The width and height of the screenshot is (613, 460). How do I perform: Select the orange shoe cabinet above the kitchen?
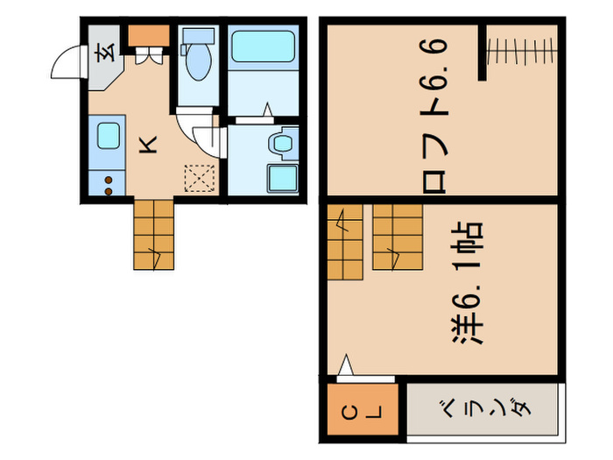(149, 36)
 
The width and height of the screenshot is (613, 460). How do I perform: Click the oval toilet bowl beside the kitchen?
(198, 62)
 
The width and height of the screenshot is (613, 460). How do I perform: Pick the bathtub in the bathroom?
(264, 56)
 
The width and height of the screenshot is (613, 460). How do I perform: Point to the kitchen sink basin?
(109, 137)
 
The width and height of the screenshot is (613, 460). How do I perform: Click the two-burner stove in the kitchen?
(108, 184)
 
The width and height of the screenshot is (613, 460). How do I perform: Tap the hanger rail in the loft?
(522, 51)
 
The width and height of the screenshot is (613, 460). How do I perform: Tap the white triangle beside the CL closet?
(347, 365)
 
